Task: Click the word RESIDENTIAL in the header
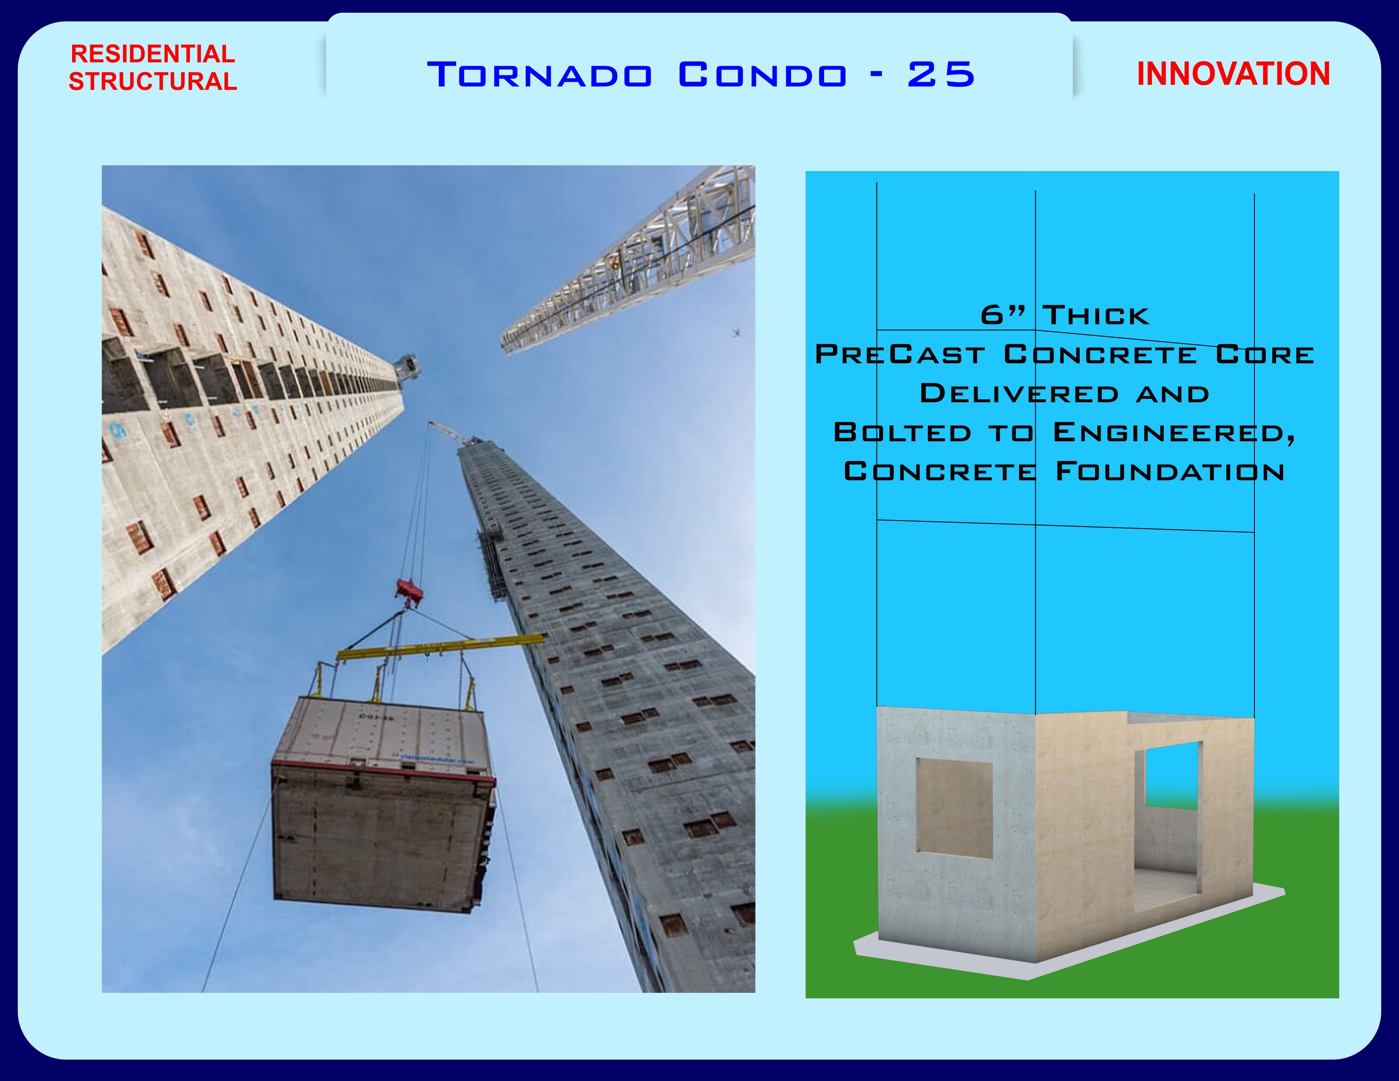click(x=153, y=54)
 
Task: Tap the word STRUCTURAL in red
click(x=153, y=81)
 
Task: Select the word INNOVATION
click(x=1233, y=74)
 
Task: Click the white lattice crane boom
click(x=628, y=259)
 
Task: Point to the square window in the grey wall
click(x=954, y=808)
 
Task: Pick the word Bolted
click(x=903, y=432)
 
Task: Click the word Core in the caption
click(x=1265, y=354)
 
